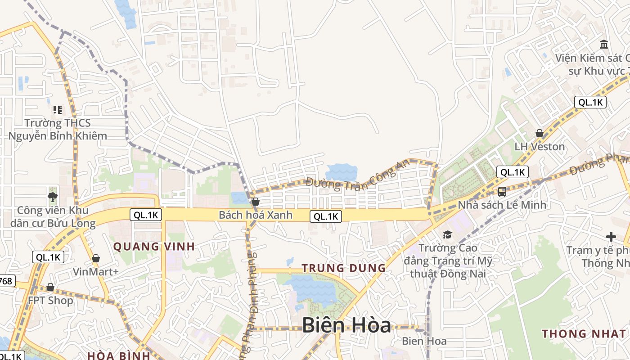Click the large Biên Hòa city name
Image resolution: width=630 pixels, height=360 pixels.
point(346,325)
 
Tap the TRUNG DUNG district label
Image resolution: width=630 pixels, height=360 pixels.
point(343,268)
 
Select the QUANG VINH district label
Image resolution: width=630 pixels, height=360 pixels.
point(154,247)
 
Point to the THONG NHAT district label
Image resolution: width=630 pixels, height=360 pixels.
point(584,334)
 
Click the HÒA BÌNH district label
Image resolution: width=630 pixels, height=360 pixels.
point(118,355)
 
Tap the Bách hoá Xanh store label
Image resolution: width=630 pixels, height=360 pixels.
point(255,215)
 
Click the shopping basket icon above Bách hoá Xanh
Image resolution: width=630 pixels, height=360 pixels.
point(256,202)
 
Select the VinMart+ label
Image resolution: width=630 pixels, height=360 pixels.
point(96,272)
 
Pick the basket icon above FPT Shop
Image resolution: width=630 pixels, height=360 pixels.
point(50,287)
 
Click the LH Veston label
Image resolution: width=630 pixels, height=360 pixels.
point(539,147)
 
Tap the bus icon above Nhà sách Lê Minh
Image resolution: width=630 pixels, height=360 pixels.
point(502,192)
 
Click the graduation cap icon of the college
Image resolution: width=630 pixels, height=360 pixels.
point(447,234)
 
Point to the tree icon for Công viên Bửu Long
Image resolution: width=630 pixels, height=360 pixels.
point(53,197)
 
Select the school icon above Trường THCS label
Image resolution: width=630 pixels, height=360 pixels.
point(57,109)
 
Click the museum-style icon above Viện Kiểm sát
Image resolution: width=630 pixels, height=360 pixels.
point(604,44)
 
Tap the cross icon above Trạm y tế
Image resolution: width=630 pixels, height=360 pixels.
point(611,236)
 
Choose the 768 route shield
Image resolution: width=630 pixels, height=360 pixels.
point(5,281)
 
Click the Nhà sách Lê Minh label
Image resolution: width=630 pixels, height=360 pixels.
point(502,205)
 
